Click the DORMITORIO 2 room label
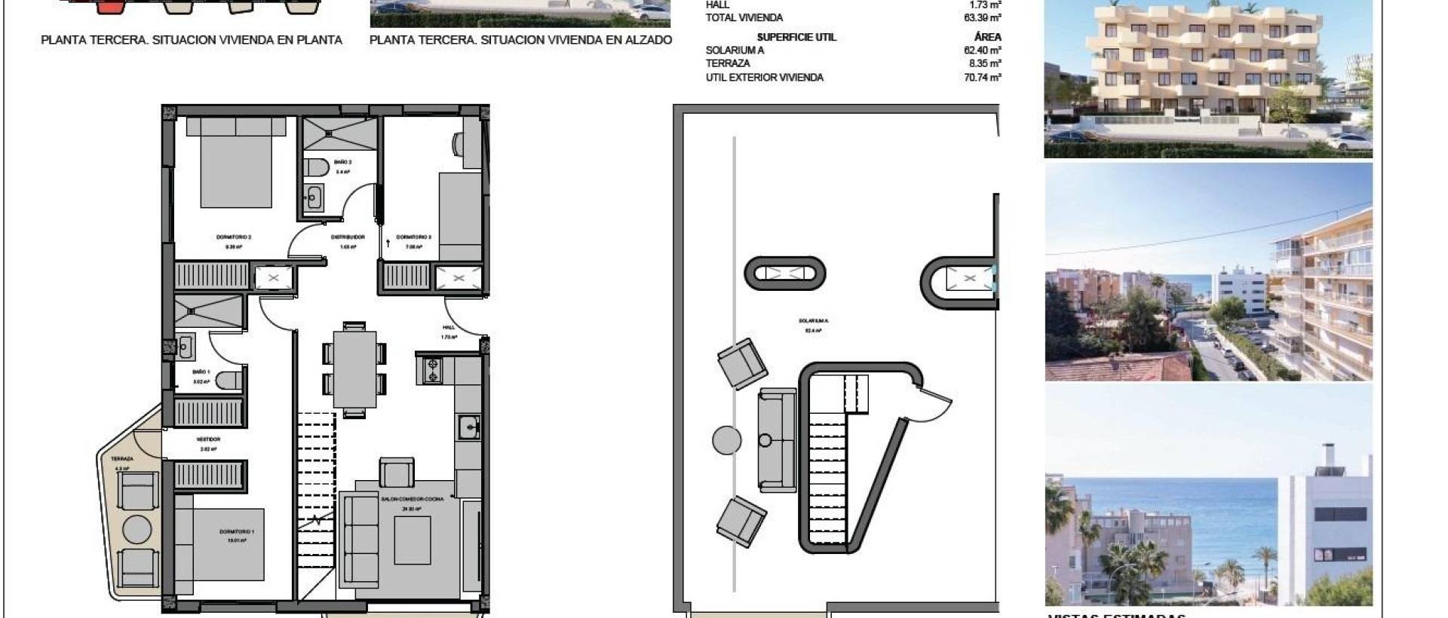point(233,237)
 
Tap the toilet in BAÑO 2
point(317,167)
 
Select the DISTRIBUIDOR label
point(348,237)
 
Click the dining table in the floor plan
point(354,369)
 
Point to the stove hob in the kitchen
point(433,370)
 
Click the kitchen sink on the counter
point(469,428)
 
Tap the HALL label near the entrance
point(449,328)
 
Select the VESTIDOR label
point(208,439)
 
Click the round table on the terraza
point(137,529)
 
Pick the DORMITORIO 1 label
point(237,532)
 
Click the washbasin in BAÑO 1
point(185,347)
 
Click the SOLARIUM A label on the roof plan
point(813,321)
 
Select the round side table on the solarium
point(727,440)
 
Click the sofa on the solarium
point(777,440)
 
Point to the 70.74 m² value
point(982,77)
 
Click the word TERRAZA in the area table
point(728,63)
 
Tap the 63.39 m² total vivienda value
point(982,17)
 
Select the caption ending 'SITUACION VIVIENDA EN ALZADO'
point(520,40)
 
